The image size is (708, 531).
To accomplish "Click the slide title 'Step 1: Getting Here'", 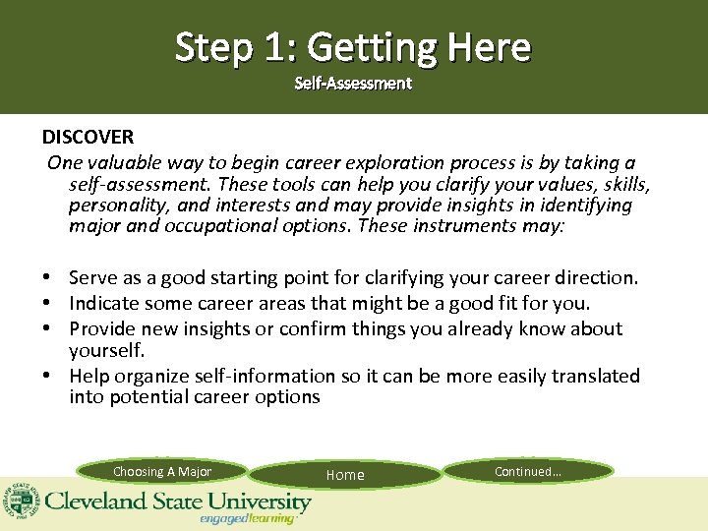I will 353,46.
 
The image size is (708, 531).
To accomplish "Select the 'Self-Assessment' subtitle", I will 353,84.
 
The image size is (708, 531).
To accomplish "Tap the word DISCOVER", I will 88,136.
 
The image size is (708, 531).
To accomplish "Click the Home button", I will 345,475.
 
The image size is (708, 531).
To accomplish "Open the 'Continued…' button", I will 528,471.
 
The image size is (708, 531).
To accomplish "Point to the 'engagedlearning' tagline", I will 247,518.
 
